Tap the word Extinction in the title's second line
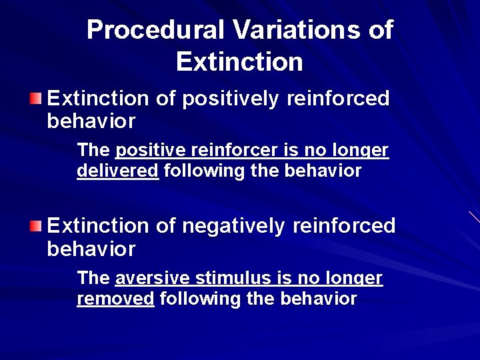(x=239, y=62)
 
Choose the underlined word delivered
(x=117, y=171)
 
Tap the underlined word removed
(x=115, y=299)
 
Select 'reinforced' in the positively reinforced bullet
(x=338, y=99)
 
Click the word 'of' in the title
(x=379, y=30)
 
